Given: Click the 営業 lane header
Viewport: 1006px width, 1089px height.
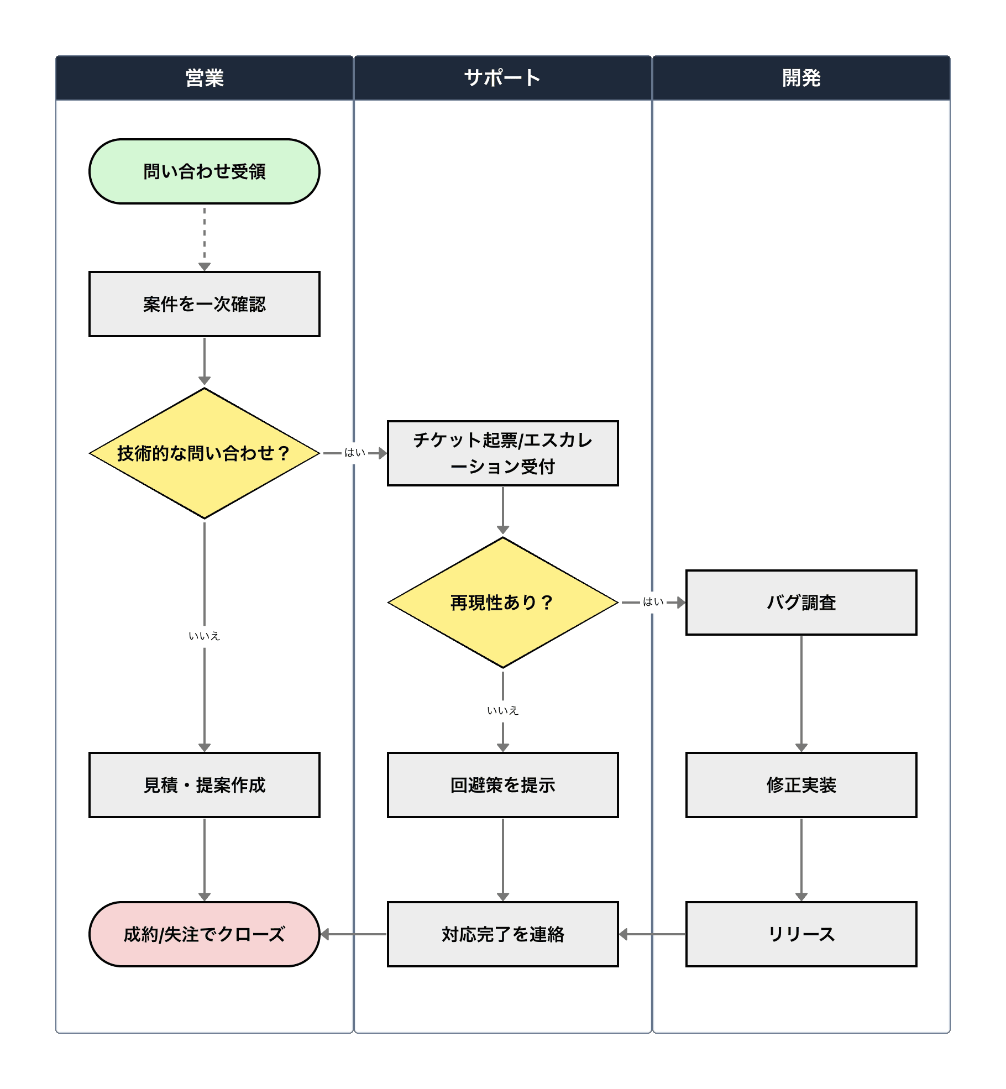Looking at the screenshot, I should click(x=205, y=78).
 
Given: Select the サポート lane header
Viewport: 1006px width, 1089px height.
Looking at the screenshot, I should click(x=502, y=78).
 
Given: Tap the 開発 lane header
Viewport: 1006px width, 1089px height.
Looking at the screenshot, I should click(x=801, y=78).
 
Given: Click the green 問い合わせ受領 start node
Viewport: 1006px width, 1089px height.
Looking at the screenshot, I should click(x=205, y=171).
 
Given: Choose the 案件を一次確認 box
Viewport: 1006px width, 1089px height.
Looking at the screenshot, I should click(x=205, y=304).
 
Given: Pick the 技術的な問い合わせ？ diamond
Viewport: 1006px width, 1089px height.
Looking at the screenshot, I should click(x=205, y=453).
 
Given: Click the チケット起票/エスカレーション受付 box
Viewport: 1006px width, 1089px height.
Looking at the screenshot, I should click(x=502, y=453).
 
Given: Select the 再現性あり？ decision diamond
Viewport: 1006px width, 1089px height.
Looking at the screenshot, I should click(x=502, y=603).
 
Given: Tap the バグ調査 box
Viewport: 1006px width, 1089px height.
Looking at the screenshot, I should click(x=801, y=603).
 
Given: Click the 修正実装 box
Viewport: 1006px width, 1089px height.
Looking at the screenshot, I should click(x=801, y=785).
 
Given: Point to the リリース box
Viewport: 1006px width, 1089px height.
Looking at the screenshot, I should click(x=801, y=934).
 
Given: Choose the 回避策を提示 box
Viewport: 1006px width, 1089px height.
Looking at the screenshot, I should click(x=502, y=785).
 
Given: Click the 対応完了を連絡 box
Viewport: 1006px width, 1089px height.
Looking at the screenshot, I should click(x=502, y=934).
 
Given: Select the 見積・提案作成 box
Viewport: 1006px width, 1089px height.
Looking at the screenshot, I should click(x=205, y=785).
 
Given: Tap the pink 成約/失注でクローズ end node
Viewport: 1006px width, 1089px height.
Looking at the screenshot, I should click(x=205, y=934).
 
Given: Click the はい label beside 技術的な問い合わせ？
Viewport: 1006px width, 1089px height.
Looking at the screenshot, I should click(x=354, y=453).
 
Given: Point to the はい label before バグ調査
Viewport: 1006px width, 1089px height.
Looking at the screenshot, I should click(x=653, y=602).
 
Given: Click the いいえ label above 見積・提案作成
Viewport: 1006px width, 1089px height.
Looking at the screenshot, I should click(x=205, y=636).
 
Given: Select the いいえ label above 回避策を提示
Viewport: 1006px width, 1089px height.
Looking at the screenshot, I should click(x=502, y=711).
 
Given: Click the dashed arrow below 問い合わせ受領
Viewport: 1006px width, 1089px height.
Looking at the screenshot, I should click(x=205, y=238).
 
